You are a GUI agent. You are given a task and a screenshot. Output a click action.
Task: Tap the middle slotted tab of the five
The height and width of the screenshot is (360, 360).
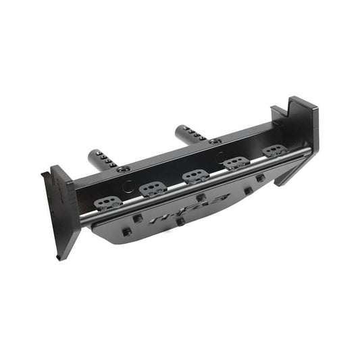194,176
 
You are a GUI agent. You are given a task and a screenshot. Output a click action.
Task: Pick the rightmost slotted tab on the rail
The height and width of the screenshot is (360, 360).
273,151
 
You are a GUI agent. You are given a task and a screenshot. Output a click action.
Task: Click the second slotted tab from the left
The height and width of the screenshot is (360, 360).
153,189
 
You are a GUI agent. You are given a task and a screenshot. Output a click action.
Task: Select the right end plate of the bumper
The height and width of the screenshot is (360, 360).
301,132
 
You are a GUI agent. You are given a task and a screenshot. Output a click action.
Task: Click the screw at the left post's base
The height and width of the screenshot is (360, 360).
123,169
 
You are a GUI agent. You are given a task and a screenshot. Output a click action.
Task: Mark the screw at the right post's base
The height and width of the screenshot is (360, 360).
215,141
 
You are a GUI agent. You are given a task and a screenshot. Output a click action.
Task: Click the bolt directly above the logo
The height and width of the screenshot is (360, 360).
201,198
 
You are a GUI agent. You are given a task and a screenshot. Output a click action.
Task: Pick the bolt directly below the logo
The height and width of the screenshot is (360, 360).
180,221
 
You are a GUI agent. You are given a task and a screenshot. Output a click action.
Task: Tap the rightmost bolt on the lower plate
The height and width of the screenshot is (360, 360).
261,178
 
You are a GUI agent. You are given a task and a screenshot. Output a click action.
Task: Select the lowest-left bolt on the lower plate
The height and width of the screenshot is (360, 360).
126,232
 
